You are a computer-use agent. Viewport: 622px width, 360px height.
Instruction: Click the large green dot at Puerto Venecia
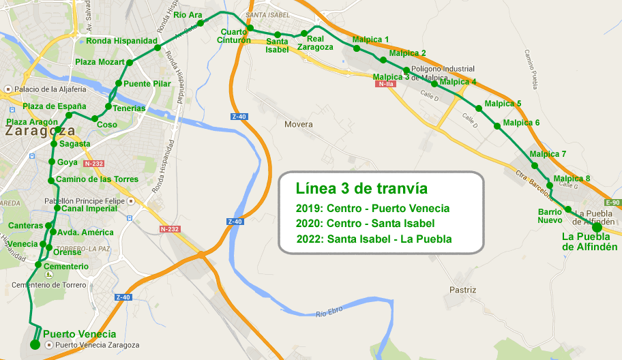coord(35,344)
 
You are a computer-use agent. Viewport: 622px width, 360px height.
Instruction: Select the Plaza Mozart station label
coord(100,62)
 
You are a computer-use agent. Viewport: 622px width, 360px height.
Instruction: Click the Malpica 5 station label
coord(503,104)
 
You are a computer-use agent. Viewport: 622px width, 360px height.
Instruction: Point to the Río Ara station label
coord(188,15)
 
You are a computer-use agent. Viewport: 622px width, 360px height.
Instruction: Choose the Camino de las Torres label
coord(97,179)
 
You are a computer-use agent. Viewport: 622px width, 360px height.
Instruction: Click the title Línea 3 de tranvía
coord(361,188)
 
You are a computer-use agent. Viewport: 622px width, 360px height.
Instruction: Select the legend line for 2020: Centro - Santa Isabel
coord(366,223)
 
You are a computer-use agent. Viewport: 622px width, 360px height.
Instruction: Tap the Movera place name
coord(299,125)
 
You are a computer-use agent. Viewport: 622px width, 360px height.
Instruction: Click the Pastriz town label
coord(462,290)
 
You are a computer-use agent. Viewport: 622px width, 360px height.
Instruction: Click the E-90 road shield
coord(612,203)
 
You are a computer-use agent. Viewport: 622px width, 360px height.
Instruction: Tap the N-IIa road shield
coord(387,84)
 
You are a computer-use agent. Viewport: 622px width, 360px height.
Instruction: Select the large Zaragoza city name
coord(40,130)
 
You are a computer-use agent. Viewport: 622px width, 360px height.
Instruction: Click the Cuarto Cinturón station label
coord(235,36)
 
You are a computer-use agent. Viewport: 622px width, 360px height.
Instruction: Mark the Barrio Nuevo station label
coord(550,215)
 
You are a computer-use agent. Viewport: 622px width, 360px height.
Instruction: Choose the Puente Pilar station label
coord(147,83)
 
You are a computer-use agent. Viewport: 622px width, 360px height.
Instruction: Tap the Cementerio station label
coord(65,266)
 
